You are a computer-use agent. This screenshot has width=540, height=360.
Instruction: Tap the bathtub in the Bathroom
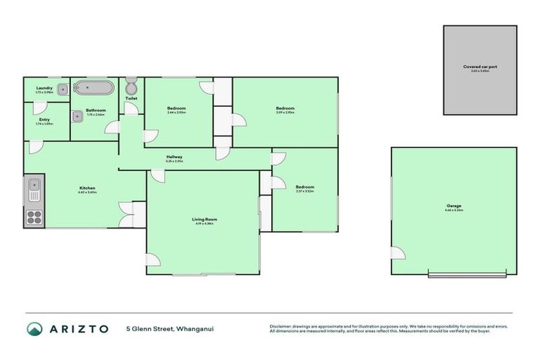(94, 89)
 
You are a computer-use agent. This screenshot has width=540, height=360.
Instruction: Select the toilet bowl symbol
(131, 86)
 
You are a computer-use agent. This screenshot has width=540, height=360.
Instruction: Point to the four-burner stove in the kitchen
(34, 217)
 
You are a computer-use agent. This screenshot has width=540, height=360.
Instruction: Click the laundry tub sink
(63, 89)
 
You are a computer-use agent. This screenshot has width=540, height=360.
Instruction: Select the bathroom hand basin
(77, 116)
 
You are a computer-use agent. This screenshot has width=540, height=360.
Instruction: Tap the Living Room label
(205, 220)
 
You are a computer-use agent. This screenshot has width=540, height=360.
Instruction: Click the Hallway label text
(174, 157)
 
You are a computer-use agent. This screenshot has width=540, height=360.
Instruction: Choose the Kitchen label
(87, 188)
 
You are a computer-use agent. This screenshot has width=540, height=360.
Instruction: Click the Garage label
(453, 207)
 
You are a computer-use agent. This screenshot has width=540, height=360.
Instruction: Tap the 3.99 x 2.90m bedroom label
(285, 109)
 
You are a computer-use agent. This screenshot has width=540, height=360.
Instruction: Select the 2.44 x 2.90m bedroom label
(176, 109)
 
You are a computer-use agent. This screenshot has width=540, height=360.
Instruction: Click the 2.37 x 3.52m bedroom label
(304, 188)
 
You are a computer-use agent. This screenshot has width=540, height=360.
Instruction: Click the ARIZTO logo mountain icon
(34, 328)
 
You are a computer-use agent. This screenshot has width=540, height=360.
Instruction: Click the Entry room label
(44, 120)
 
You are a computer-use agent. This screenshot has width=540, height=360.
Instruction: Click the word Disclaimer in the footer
(280, 326)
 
